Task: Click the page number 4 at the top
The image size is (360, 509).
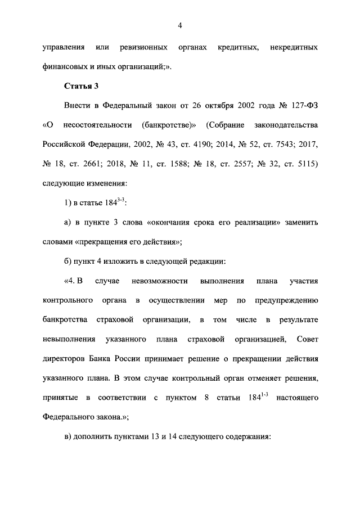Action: tap(180, 25)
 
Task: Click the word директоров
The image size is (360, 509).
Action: tap(62, 359)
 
